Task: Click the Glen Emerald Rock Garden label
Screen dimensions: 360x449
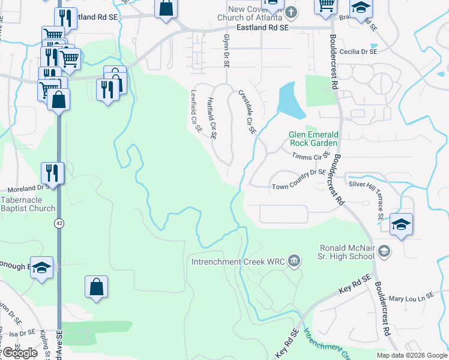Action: [x=314, y=139]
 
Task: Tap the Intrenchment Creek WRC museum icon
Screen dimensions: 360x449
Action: [x=294, y=260]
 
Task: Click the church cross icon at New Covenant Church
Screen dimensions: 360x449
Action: [x=291, y=12]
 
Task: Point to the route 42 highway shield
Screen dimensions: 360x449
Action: [x=58, y=223]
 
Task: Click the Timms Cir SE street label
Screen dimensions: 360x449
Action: [x=310, y=157]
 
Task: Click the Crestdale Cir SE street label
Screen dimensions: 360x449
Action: [x=247, y=112]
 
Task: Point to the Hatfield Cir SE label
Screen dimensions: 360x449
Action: [x=211, y=118]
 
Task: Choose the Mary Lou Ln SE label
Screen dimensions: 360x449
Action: [x=411, y=298]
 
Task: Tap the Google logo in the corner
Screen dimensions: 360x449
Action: [x=19, y=353]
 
